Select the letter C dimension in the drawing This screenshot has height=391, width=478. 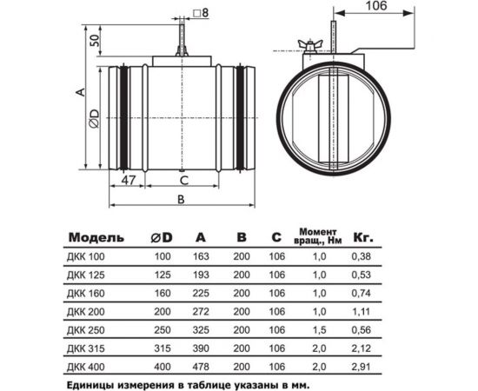tap(184, 180)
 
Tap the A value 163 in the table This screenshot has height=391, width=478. tap(201, 256)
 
